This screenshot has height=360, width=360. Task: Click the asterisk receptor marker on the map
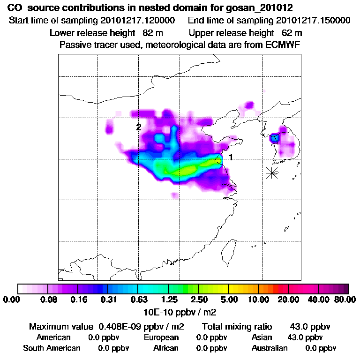(272, 172)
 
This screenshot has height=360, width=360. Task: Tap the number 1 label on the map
(231, 157)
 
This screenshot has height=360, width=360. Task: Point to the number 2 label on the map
(139, 127)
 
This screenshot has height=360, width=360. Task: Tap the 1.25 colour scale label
(169, 300)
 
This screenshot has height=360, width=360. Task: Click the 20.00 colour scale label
(288, 300)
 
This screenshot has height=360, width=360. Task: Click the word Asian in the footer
(262, 337)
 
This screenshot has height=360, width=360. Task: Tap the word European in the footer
(161, 337)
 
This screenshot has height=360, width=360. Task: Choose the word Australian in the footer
(270, 348)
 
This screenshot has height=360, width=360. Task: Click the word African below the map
(166, 348)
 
